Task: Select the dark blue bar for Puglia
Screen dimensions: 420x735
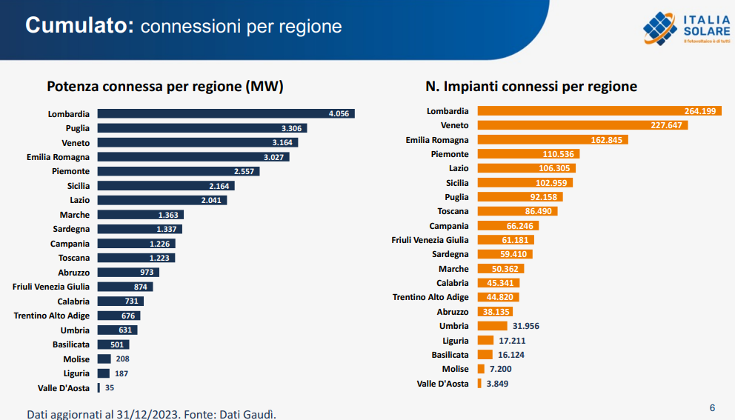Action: [202, 128]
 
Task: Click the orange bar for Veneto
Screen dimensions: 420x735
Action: [582, 125]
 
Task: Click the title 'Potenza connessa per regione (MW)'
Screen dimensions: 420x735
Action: [165, 87]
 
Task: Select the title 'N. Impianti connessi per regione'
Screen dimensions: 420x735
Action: [531, 87]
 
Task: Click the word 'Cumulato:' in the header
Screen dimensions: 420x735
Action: [79, 25]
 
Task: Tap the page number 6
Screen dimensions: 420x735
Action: [712, 407]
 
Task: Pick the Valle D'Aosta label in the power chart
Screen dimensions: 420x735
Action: [64, 388]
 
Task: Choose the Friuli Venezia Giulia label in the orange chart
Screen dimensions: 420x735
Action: [430, 240]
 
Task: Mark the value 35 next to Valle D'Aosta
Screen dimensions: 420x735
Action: [110, 388]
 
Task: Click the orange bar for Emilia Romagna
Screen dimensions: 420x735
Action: [553, 139]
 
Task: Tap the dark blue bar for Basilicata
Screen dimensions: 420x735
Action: [113, 344]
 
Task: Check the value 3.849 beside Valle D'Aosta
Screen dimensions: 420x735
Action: [497, 384]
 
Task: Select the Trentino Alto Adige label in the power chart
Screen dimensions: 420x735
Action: [51, 316]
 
